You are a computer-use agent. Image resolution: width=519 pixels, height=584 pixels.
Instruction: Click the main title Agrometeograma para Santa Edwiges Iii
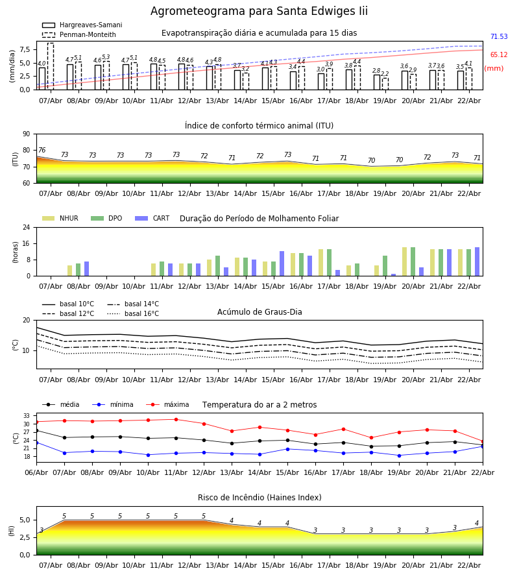click(259, 12)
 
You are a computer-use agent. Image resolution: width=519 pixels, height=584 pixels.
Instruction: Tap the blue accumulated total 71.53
click(498, 37)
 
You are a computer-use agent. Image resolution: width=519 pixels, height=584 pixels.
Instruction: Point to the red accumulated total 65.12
click(498, 55)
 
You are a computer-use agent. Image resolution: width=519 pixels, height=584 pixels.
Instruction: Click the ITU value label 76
click(42, 151)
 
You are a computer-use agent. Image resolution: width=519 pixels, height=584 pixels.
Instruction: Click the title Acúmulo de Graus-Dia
click(259, 312)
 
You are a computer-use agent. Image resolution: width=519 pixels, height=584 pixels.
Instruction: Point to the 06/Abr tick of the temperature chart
click(36, 472)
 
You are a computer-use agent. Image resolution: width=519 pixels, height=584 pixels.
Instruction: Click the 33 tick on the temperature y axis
click(27, 416)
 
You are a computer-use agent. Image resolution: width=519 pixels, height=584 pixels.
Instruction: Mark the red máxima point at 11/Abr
click(176, 419)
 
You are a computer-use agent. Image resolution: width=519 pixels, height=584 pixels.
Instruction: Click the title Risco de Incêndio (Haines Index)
click(259, 498)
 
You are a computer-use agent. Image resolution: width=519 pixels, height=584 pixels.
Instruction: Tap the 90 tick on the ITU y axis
click(26, 134)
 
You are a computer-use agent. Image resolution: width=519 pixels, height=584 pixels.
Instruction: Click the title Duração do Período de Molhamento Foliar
click(259, 219)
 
